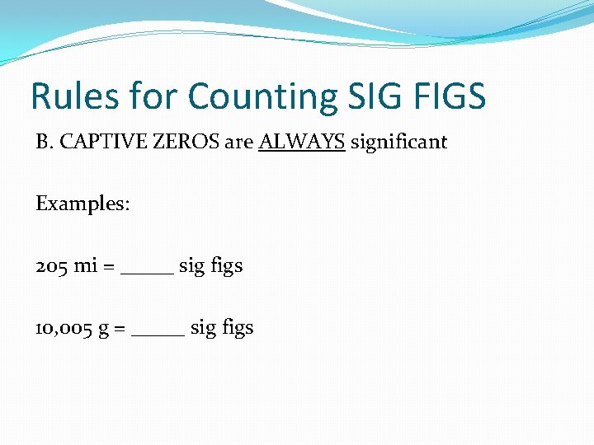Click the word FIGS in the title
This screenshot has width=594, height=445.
(x=451, y=96)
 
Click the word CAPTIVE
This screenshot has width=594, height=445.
(x=94, y=142)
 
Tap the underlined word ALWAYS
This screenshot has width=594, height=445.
(x=301, y=142)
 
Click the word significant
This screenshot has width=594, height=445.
(x=398, y=142)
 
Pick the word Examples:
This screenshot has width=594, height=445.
(x=82, y=204)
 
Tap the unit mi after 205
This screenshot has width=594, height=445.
(x=86, y=266)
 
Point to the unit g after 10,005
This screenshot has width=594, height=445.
(x=103, y=330)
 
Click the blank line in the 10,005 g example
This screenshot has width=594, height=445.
(x=158, y=334)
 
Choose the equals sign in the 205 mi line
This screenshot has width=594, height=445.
(x=109, y=267)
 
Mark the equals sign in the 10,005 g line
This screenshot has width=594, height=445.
(x=120, y=329)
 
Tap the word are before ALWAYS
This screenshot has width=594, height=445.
(x=238, y=142)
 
